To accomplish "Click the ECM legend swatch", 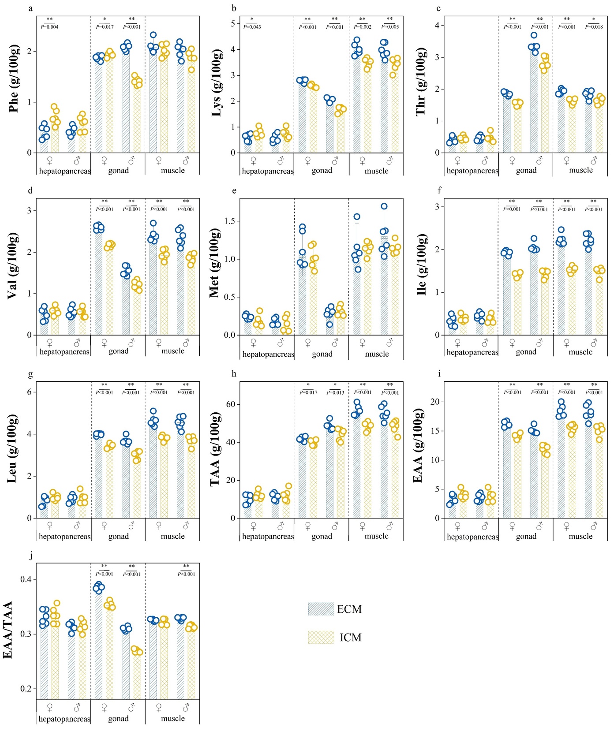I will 321,609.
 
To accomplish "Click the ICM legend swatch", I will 321,637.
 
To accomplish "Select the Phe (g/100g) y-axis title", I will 14,78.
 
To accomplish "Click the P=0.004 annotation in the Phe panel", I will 49,27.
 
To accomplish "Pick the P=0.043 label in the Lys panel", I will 252,27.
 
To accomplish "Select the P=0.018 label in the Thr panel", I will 594,27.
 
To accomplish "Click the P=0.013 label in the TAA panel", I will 335,392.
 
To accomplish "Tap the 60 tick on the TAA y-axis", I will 230,404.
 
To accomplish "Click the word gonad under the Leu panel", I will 119,536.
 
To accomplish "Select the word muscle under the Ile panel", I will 580,352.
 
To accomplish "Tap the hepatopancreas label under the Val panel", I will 64,351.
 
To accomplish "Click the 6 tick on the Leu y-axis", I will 30,392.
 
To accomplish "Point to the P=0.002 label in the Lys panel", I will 363,27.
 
